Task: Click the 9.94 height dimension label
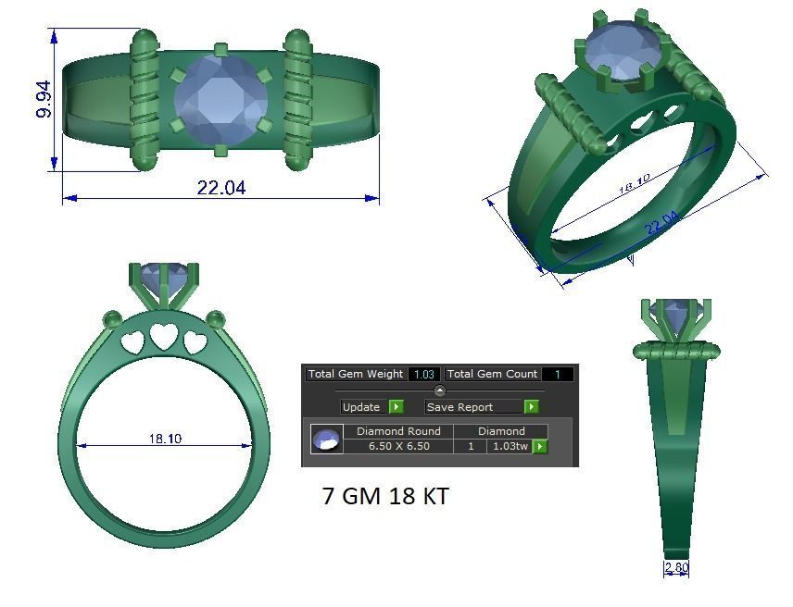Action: [44, 98]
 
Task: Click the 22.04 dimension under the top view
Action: [221, 188]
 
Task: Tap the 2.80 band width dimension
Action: [676, 567]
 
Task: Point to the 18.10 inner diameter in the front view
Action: [165, 439]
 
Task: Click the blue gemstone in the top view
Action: [220, 98]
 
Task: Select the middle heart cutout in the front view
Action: [164, 338]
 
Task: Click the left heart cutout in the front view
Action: [133, 343]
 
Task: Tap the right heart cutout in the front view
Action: [195, 343]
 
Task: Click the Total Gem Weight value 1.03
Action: [424, 375]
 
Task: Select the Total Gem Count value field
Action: [557, 375]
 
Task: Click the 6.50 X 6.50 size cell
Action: [398, 447]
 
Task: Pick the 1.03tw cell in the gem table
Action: [510, 447]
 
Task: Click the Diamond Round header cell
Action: [398, 431]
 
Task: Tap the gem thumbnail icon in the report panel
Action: [325, 440]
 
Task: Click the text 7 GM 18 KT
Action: [385, 496]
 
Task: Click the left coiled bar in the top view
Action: [145, 99]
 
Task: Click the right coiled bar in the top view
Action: [297, 99]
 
